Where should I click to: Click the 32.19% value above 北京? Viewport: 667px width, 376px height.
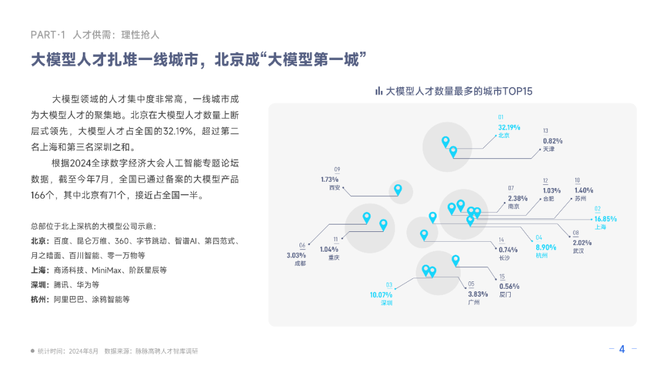pos(509,127)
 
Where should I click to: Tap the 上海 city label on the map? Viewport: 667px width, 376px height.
pos(600,227)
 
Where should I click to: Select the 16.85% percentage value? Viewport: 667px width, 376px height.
pos(605,219)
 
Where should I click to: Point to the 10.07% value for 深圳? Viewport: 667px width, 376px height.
pos(381,295)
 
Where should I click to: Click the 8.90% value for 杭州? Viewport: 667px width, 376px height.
pos(545,247)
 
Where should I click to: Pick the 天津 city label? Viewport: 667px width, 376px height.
pos(549,150)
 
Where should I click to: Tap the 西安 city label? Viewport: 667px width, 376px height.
pos(335,187)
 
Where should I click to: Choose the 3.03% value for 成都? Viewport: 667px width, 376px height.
pos(296,255)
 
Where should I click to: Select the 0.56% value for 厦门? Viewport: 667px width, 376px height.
pos(509,286)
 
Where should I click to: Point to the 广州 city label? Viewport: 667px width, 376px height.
pos(474,303)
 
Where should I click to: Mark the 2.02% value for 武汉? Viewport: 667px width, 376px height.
pos(582,243)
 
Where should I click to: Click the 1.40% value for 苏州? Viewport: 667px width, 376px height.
pos(583,190)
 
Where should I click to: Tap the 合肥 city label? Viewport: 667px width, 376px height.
pos(548,199)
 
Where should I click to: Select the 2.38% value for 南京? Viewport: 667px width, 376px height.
pos(518,199)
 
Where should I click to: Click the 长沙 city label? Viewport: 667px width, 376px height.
pos(505,257)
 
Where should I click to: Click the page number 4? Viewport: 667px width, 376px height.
pos(622,349)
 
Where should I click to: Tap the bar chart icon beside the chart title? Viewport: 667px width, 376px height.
pos(379,91)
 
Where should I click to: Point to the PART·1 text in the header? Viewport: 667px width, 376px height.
pos(48,35)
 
